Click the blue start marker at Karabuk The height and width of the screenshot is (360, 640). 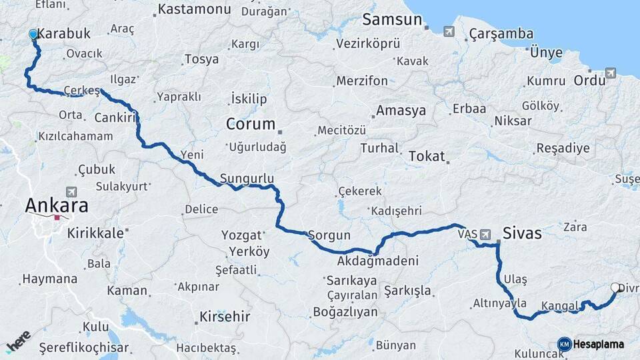33,34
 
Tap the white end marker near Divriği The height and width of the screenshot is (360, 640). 615,287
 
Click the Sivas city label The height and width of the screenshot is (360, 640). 522,234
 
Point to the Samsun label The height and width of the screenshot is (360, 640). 393,20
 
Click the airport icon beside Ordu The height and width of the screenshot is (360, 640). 611,73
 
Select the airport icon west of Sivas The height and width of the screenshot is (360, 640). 485,235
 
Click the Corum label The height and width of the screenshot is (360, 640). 250,124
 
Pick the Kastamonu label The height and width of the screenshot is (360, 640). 195,10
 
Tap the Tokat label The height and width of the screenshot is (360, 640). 426,156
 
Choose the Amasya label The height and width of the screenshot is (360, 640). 401,111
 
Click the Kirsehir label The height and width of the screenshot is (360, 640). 225,317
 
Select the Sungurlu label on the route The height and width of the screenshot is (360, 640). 247,178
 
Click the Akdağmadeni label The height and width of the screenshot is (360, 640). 377,261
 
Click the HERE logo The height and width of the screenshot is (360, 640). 18,341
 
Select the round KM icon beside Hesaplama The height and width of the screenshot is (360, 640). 564,344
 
